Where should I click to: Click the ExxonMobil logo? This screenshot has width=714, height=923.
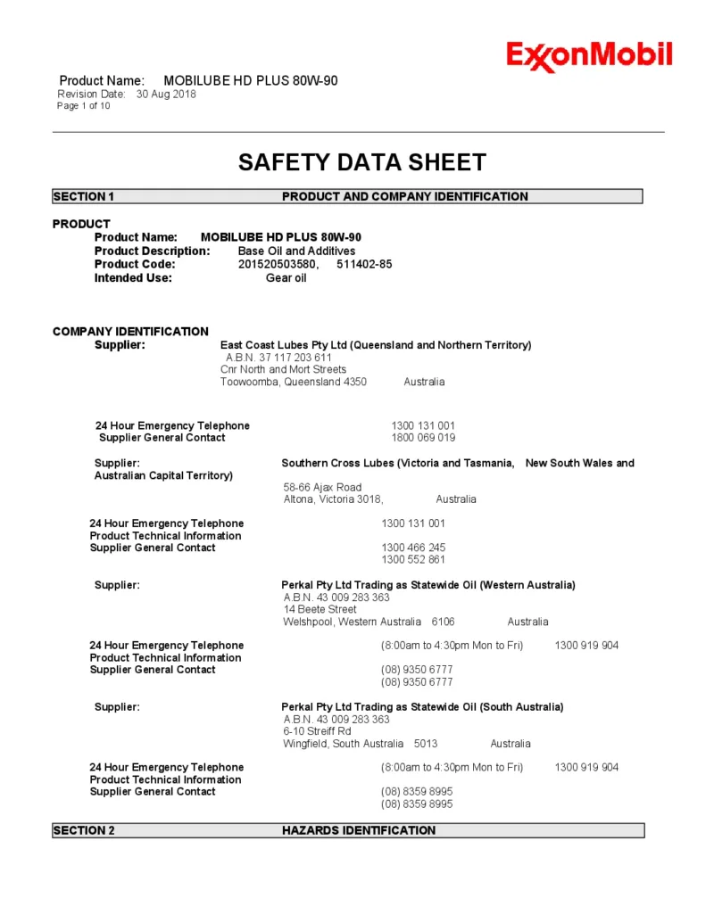pos(589,56)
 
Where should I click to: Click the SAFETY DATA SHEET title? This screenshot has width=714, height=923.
pos(361,162)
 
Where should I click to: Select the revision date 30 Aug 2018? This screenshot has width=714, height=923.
pos(166,94)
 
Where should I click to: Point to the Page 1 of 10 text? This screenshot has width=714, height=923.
pos(84,106)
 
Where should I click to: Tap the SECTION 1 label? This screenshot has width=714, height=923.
pos(84,196)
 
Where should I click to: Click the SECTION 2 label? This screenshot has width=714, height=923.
pos(84,830)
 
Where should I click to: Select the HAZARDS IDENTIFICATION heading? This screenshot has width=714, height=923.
pos(359,830)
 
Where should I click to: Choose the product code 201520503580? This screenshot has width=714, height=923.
pos(278,264)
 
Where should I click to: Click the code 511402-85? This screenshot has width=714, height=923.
pos(364,264)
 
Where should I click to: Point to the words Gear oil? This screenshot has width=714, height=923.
pos(286,277)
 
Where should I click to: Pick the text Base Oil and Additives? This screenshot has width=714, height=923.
pos(296,251)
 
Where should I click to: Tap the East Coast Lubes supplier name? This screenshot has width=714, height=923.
pos(375,345)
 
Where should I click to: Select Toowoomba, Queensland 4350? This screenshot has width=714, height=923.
pos(294,382)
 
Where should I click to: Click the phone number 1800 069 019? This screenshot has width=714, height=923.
pos(423,438)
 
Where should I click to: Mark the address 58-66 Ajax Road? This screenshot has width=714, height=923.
pos(322,487)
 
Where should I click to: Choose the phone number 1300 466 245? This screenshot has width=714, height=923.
pos(413,548)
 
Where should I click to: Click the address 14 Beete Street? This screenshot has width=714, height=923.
pos(320,609)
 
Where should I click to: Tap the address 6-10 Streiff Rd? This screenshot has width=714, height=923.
pos(317,731)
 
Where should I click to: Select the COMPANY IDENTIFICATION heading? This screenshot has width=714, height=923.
pos(130,332)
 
